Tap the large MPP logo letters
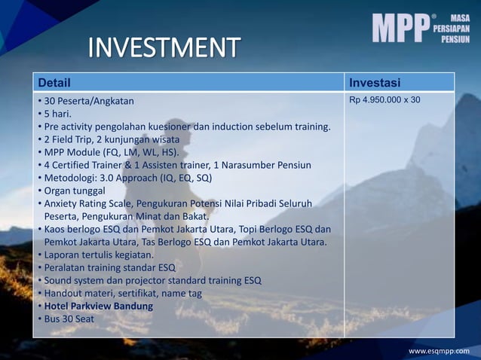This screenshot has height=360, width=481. (400, 28)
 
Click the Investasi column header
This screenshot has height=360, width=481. (375, 81)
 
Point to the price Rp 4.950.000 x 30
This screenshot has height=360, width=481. (385, 99)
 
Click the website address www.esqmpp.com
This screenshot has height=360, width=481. (438, 351)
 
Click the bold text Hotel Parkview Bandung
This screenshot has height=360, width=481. (98, 307)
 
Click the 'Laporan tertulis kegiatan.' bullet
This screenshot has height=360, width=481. (99, 255)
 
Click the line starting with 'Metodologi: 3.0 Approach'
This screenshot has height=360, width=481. (127, 178)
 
